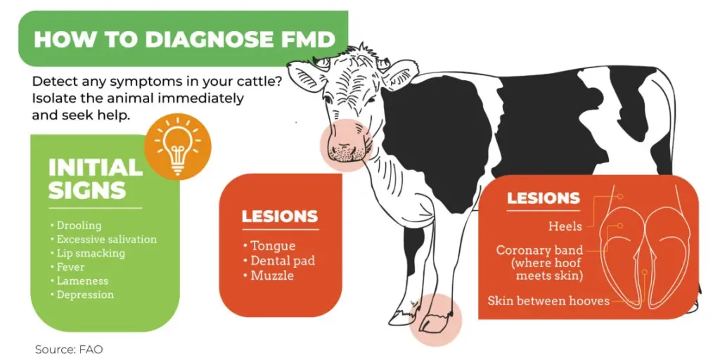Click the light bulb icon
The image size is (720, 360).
(178, 146)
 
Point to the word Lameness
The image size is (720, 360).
(82, 281)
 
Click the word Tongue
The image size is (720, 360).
(273, 246)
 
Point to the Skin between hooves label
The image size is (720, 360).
(548, 301)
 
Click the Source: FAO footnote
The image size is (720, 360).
(69, 349)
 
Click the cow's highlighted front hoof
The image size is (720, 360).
(435, 320)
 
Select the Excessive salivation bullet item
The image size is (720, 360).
(107, 239)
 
